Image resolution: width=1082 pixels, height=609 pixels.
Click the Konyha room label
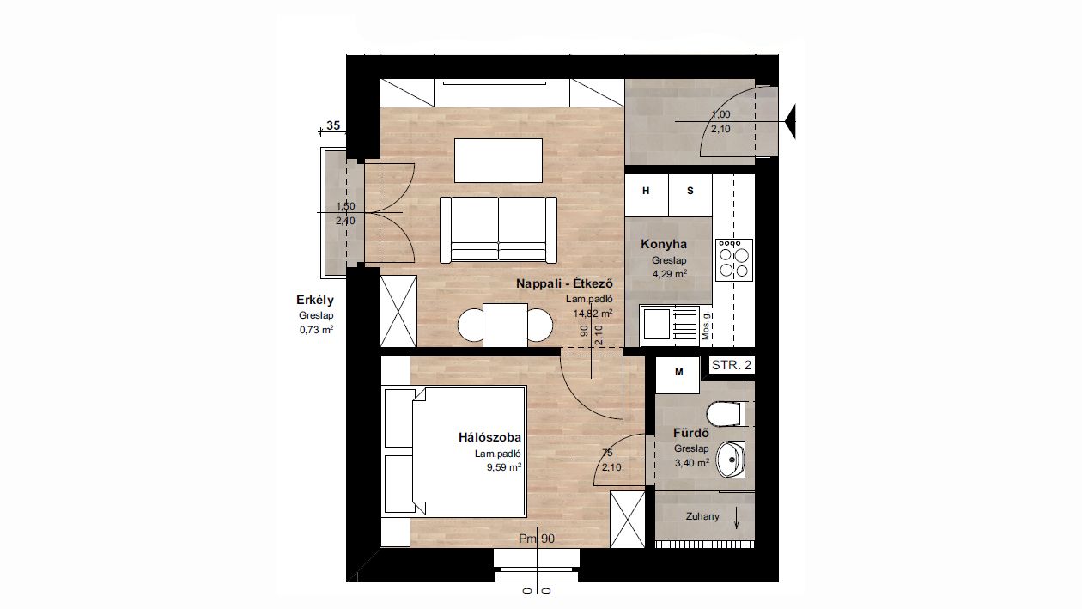pos(664,244)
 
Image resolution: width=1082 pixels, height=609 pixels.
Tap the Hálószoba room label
pos(489,437)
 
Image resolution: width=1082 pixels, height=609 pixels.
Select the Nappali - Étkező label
pos(564,283)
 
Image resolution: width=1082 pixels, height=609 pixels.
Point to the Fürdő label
pos(690,433)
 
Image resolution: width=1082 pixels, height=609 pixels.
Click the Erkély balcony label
pos(315,300)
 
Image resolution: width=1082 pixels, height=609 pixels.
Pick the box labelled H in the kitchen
pos(647,195)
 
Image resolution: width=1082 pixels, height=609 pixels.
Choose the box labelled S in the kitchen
pos(690,195)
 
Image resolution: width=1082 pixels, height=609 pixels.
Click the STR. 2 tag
pos(732,365)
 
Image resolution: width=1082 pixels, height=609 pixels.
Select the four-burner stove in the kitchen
pos(734,260)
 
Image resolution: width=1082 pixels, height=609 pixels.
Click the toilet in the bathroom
pos(724,414)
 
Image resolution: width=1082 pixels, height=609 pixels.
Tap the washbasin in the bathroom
pos(730,460)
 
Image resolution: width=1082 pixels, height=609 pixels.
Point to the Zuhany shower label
pos(702,517)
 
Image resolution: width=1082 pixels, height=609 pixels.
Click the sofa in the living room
pos(498,229)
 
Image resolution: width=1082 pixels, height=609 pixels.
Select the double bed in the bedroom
pos(455,451)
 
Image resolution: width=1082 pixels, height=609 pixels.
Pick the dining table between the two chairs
pos(505,325)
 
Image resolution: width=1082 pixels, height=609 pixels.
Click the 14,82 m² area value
pos(593,314)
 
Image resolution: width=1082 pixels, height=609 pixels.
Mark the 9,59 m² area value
pos(504,467)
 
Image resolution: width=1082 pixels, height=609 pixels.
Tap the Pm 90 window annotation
pos(537,539)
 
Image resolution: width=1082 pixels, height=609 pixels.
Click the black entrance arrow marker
pos(790,122)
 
